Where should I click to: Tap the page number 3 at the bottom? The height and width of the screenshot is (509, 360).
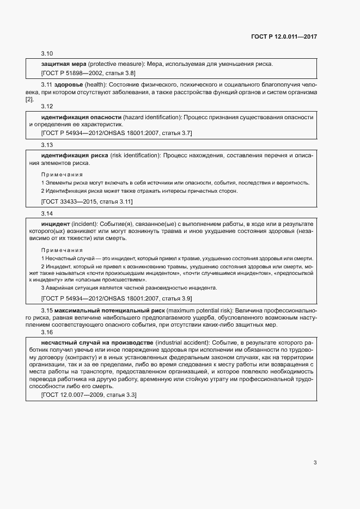[x=315, y=463]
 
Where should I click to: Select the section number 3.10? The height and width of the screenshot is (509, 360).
[x=47, y=54]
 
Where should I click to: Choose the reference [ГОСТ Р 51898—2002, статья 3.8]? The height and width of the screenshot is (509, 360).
[x=88, y=73]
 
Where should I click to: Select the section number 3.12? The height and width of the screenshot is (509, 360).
[x=47, y=106]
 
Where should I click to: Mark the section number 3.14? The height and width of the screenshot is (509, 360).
[x=47, y=213]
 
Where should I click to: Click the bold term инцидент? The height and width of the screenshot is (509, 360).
[x=56, y=224]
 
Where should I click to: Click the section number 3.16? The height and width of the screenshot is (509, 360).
[x=47, y=332]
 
